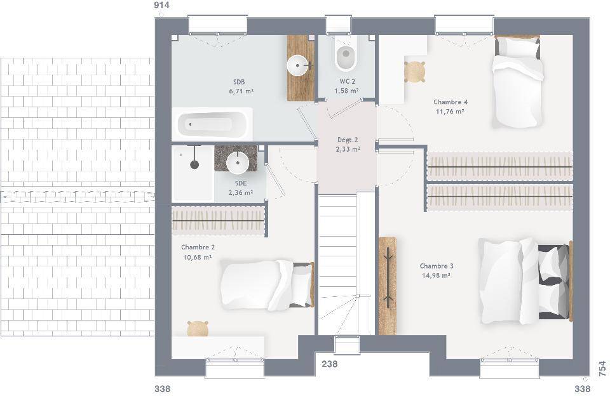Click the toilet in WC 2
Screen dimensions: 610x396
(346, 55)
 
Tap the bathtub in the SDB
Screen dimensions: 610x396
(212, 124)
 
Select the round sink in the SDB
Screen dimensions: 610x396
(298, 65)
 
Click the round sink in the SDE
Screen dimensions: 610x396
(237, 163)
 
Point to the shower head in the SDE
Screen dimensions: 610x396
(194, 164)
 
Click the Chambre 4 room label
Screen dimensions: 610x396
(450, 102)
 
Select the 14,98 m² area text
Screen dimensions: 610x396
(436, 275)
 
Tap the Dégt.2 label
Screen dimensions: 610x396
(348, 140)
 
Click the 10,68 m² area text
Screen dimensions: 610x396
(197, 257)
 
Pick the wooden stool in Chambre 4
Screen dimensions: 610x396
(414, 72)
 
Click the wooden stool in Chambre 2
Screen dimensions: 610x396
(198, 328)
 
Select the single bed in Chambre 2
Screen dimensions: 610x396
(268, 285)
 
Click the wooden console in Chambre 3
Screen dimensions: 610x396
(388, 286)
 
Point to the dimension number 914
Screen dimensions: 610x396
(161, 5)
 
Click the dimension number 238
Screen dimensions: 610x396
(330, 364)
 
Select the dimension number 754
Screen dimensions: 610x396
(602, 369)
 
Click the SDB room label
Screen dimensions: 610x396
(239, 82)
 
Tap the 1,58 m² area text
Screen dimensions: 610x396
(346, 91)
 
